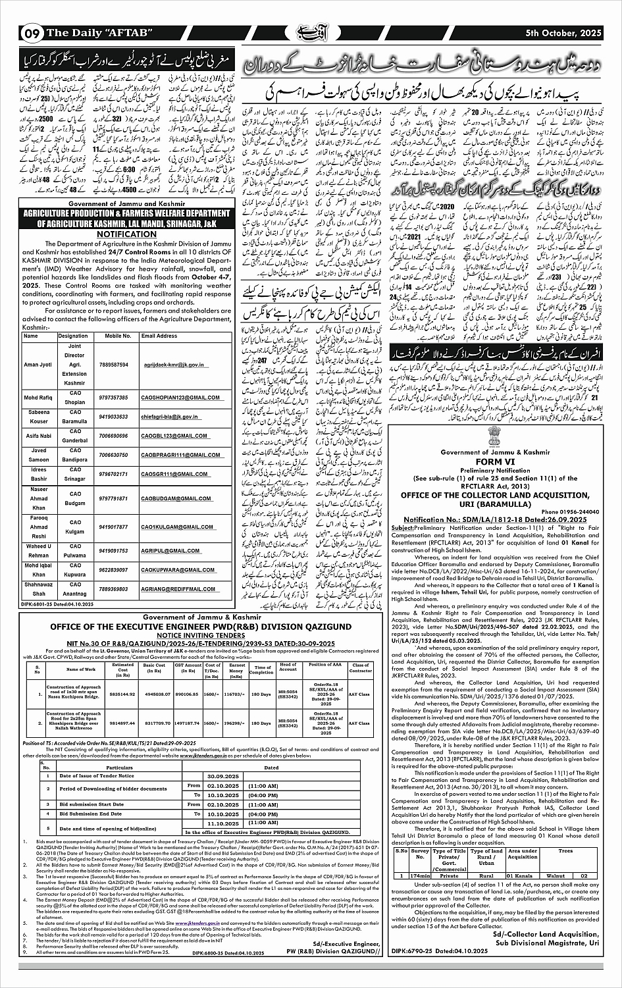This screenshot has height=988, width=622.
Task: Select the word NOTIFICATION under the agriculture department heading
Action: point(124,234)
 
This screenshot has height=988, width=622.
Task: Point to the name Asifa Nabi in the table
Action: point(38,436)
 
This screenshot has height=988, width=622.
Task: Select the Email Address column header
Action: point(159,336)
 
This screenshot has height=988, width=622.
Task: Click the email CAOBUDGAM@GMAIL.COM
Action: point(170,498)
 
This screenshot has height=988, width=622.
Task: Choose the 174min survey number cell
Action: point(420,875)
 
